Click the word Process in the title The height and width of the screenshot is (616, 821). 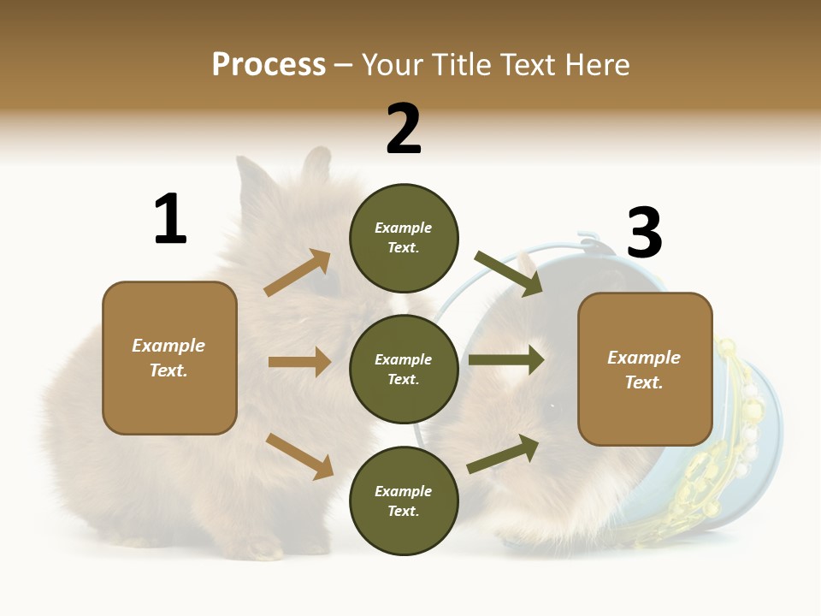point(269,65)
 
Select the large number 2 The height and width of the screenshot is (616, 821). point(404,129)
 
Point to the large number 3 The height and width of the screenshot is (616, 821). point(645,233)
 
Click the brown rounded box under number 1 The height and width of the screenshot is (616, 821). point(169,358)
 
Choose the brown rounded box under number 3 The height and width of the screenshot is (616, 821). point(645,369)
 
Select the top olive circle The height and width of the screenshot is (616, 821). point(404,238)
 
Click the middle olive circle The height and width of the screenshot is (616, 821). point(404,369)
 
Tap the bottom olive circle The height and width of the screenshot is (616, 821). point(404,500)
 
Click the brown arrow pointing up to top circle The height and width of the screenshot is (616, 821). point(298,273)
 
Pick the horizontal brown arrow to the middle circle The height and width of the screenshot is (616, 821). point(299,362)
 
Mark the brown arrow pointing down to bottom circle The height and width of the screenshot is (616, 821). point(299,456)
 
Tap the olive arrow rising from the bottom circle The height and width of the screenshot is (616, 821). point(503,454)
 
